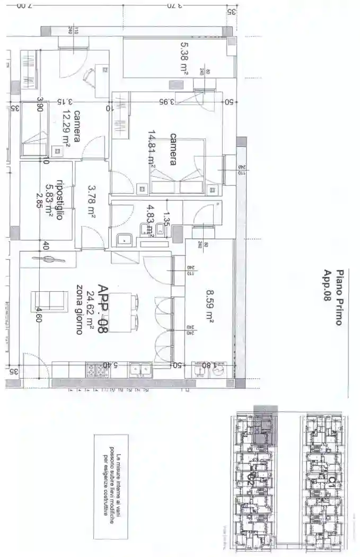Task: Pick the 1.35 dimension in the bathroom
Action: coord(166,218)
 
